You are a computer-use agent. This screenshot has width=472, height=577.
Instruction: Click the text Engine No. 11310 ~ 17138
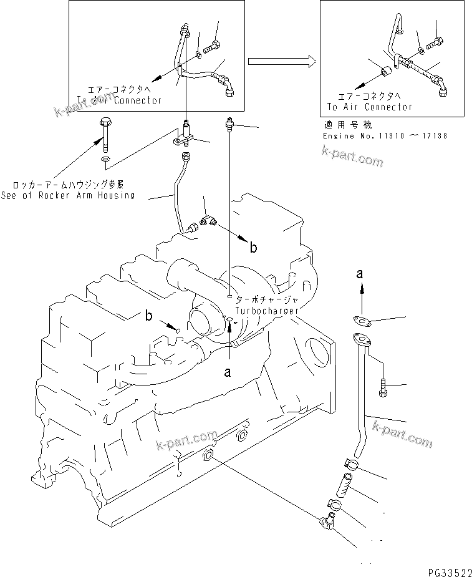(385, 135)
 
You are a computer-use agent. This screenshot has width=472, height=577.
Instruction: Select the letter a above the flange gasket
(359, 273)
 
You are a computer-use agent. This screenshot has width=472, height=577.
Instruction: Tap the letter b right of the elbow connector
(253, 248)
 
